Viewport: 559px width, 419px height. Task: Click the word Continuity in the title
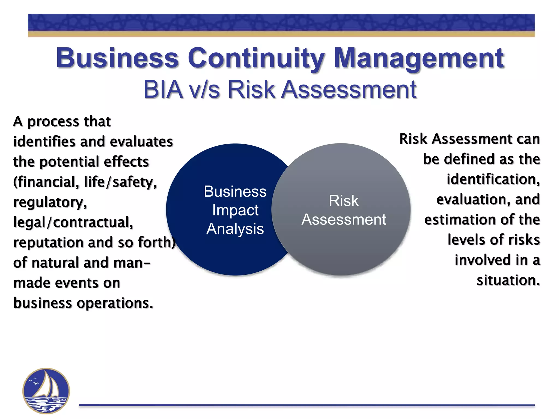(257, 58)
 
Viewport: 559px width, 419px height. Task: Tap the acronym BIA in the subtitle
(163, 89)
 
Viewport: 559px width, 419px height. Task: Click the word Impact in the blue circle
(235, 210)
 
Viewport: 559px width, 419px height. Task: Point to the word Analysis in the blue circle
(235, 229)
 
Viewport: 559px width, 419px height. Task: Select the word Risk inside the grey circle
(343, 201)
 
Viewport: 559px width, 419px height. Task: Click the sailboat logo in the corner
(46, 391)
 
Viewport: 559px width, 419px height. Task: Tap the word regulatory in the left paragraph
(50, 202)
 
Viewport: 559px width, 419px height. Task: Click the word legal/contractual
(73, 222)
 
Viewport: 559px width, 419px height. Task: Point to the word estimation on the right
(451, 220)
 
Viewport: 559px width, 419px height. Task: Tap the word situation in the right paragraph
(508, 280)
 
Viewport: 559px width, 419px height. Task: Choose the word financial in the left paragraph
(46, 182)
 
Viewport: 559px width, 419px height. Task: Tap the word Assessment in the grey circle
(344, 219)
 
